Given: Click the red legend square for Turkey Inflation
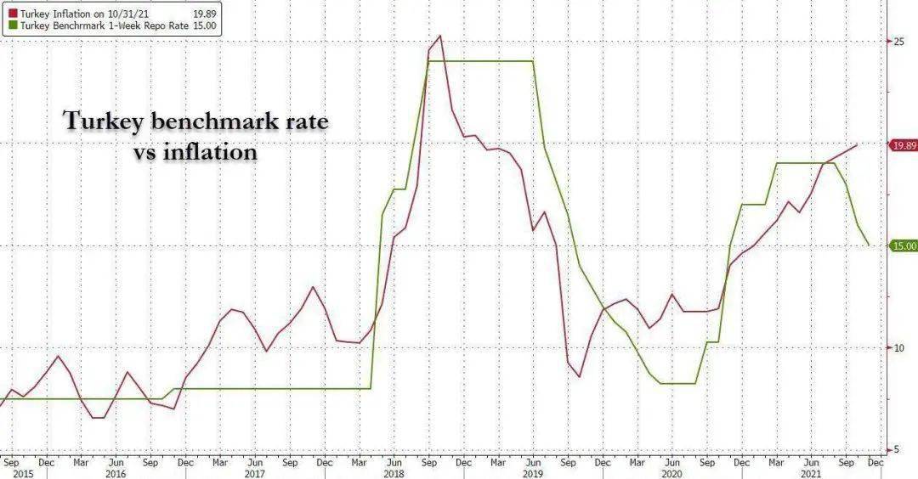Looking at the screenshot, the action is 13,14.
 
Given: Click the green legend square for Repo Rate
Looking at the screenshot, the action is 13,25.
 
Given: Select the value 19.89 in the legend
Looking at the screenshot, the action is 205,14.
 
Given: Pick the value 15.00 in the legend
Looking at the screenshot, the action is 205,25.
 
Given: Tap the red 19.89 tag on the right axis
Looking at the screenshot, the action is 904,145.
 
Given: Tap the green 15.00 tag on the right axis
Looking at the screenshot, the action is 904,246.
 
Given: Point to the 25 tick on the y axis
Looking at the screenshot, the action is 898,42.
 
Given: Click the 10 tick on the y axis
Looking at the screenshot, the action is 898,348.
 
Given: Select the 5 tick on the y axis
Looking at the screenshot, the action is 897,450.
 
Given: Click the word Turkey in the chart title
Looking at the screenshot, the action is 103,121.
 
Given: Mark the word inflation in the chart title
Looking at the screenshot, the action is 210,152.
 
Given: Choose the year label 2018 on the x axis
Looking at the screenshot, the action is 394,473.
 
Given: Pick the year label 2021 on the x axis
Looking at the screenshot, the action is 811,473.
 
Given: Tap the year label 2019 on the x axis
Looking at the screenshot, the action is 533,473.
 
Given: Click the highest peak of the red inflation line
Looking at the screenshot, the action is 439,37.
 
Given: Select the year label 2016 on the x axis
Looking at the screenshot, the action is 116,473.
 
